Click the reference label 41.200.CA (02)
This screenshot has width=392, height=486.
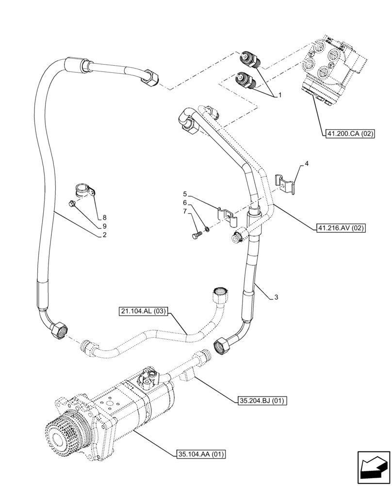click(348, 134)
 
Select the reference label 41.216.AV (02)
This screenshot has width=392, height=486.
click(339, 227)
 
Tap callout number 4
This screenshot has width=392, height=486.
click(307, 165)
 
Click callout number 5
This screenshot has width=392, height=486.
click(185, 194)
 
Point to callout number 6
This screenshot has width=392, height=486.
click(185, 203)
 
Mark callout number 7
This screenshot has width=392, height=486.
click(185, 211)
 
